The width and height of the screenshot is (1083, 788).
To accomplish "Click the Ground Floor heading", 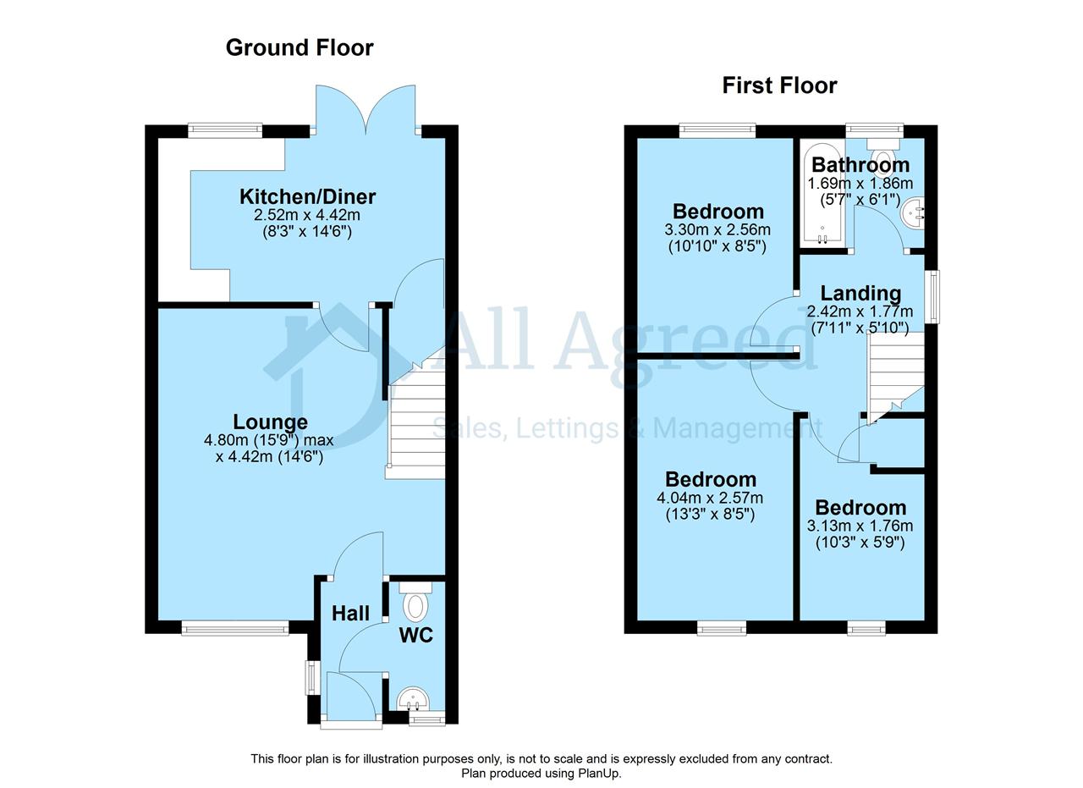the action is (300, 48).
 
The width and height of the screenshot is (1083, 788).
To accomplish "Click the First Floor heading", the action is (779, 85).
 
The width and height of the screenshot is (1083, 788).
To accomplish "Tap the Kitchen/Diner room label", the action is (307, 196).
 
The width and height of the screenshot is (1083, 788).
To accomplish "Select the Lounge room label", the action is (270, 422).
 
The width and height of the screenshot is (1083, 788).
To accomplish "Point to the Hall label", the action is (350, 614).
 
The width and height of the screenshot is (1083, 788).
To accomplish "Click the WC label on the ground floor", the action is (415, 635).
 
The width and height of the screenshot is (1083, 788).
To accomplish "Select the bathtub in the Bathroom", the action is (822, 194).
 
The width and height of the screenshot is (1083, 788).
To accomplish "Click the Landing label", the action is (860, 293).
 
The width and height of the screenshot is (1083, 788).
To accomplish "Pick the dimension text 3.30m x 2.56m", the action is (717, 229).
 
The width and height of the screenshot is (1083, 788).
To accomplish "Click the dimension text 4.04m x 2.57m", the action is (709, 498).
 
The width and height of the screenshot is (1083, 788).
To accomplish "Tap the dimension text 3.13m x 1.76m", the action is (860, 526).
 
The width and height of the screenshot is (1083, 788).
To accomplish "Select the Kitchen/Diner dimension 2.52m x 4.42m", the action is (307, 215).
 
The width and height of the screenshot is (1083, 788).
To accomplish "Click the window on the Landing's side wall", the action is (932, 296).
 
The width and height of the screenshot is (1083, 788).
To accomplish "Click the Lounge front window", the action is (235, 628).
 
